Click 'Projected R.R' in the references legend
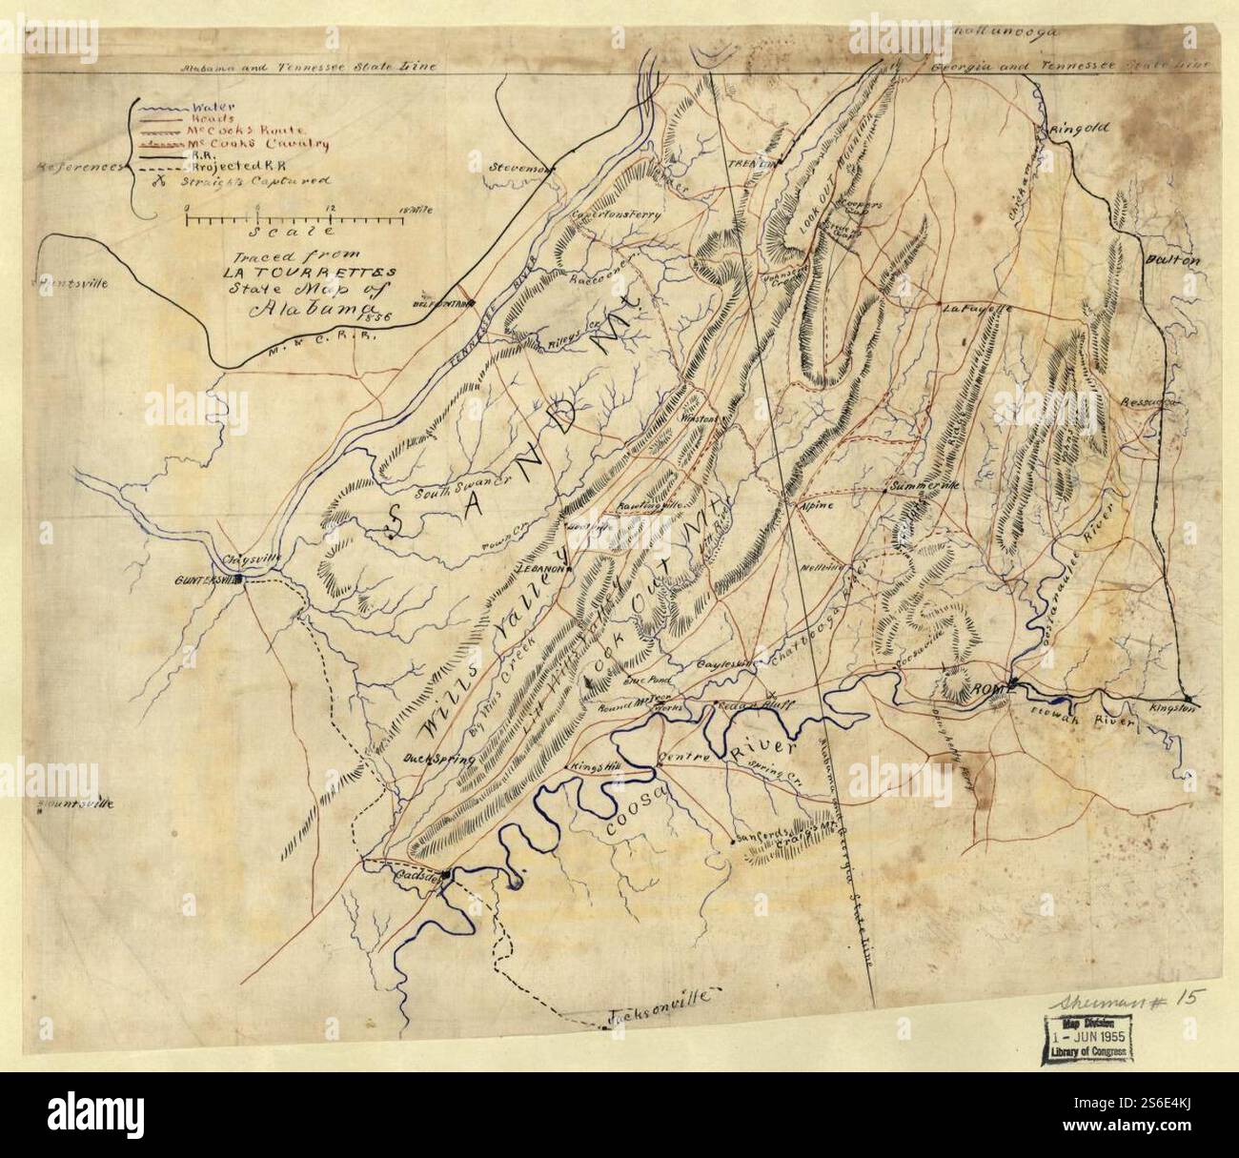click(x=231, y=165)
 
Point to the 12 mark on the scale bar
click(x=329, y=208)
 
